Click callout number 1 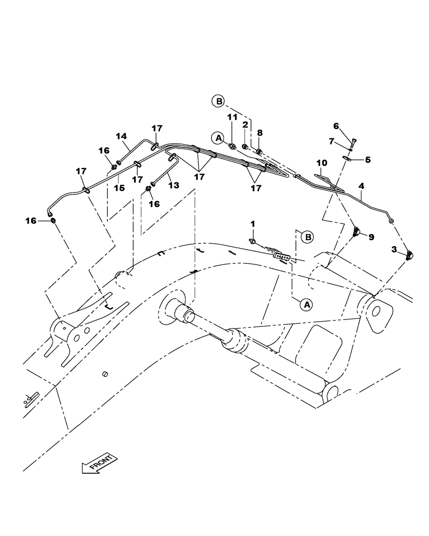tap(253, 223)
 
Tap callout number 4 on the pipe tap(361, 185)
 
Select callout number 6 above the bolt tap(336, 126)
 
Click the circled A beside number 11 tap(218, 138)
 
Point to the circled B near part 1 tap(307, 236)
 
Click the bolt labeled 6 tap(353, 143)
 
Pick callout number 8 tap(260, 132)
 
